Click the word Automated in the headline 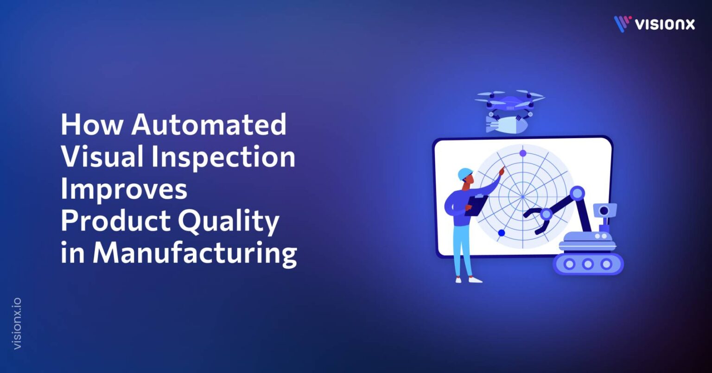pyautogui.click(x=209, y=125)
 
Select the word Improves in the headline pyautogui.click(x=124, y=189)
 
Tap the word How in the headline pyautogui.click(x=90, y=125)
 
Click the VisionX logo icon pyautogui.click(x=623, y=24)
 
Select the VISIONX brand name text pyautogui.click(x=665, y=24)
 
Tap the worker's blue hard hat pyautogui.click(x=464, y=174)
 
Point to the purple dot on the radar pyautogui.click(x=523, y=153)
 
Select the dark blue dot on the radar pyautogui.click(x=501, y=233)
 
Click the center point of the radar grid pyautogui.click(x=523, y=196)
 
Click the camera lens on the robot pyautogui.click(x=604, y=211)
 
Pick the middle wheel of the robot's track pyautogui.click(x=588, y=264)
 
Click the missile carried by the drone pyautogui.click(x=502, y=124)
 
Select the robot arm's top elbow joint pyautogui.click(x=578, y=193)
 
